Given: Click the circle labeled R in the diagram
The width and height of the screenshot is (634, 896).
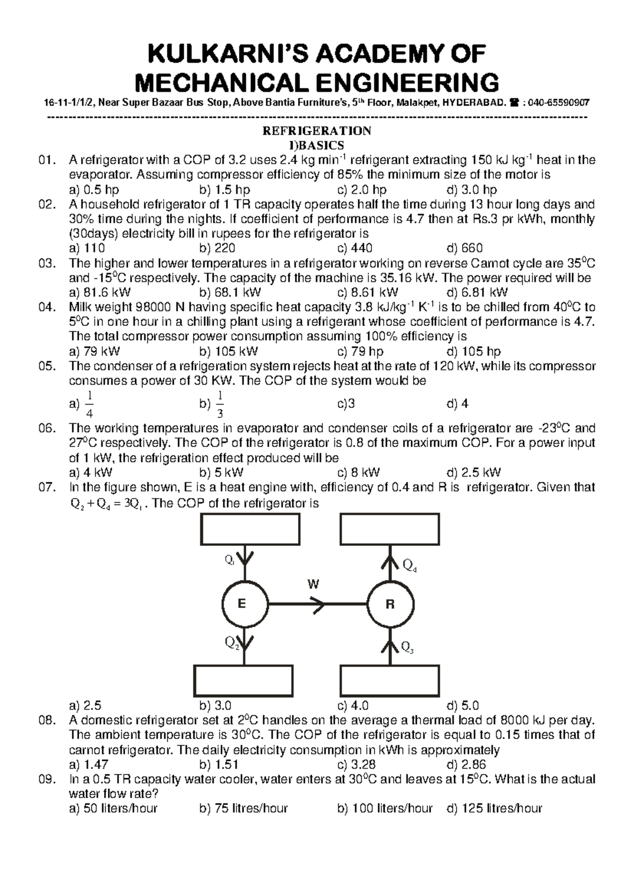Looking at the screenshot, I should click(x=390, y=604).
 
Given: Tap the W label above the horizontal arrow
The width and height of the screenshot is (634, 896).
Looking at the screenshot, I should click(x=313, y=584).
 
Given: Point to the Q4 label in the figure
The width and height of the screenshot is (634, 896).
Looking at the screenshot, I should click(x=409, y=566).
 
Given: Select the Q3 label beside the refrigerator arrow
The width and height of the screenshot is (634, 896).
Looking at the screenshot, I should click(x=407, y=647).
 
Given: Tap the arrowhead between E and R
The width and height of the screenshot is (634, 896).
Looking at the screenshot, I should click(x=318, y=604).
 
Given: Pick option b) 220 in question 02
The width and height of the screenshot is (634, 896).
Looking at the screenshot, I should click(x=217, y=248).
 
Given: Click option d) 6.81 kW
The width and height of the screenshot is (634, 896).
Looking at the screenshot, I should click(x=477, y=292).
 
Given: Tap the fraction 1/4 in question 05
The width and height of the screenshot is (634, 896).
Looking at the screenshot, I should click(x=89, y=405).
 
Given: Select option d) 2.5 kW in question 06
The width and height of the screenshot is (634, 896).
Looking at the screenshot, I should click(x=473, y=472).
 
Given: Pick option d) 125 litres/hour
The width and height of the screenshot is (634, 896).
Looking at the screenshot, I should click(x=494, y=808).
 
